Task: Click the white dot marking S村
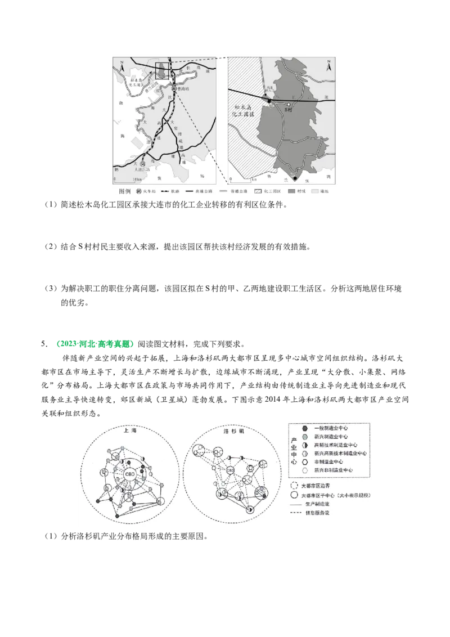288,105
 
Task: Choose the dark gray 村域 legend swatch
291,191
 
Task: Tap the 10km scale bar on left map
124,180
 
